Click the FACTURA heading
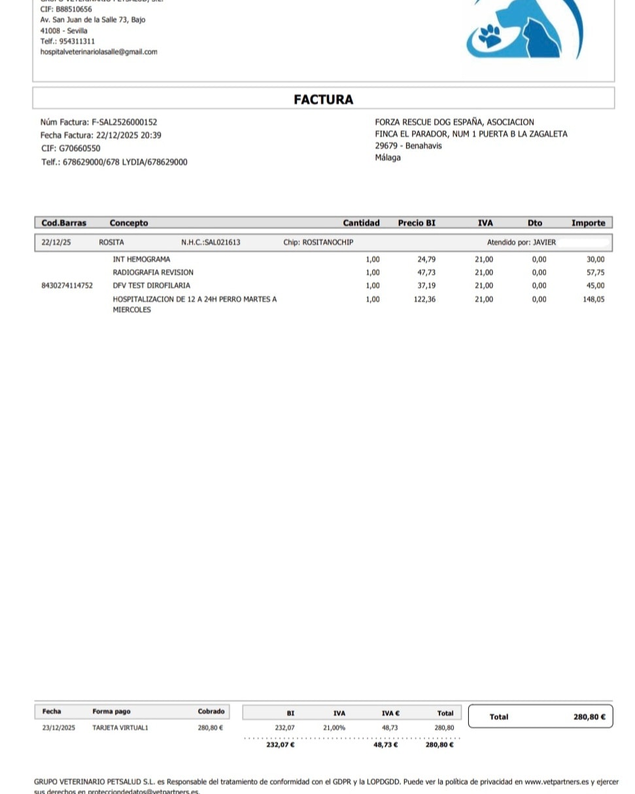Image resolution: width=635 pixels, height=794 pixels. click(x=323, y=99)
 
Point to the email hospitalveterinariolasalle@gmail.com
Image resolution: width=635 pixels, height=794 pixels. click(x=99, y=52)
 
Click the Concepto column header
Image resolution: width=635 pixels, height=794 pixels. click(x=129, y=223)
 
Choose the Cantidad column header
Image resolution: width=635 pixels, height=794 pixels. click(x=361, y=223)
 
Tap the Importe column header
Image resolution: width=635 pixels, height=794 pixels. click(x=588, y=223)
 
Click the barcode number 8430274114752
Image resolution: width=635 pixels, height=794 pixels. click(x=67, y=285)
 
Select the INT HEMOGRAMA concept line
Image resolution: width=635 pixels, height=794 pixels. click(x=141, y=259)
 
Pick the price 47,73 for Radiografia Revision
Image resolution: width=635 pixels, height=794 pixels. click(x=426, y=272)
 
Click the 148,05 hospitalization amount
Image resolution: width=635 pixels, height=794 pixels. click(x=594, y=299)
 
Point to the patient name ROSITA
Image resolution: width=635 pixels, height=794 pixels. click(x=111, y=242)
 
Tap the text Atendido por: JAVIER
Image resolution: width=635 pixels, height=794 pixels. click(x=521, y=242)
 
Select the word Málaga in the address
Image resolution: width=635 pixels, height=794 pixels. click(x=388, y=158)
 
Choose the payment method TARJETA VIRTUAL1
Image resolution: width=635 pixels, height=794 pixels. click(x=120, y=727)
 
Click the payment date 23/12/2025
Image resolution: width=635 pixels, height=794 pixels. click(x=59, y=727)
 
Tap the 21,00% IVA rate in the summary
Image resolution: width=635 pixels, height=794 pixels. click(x=334, y=727)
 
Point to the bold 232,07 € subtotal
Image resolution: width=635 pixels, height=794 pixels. click(x=281, y=744)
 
